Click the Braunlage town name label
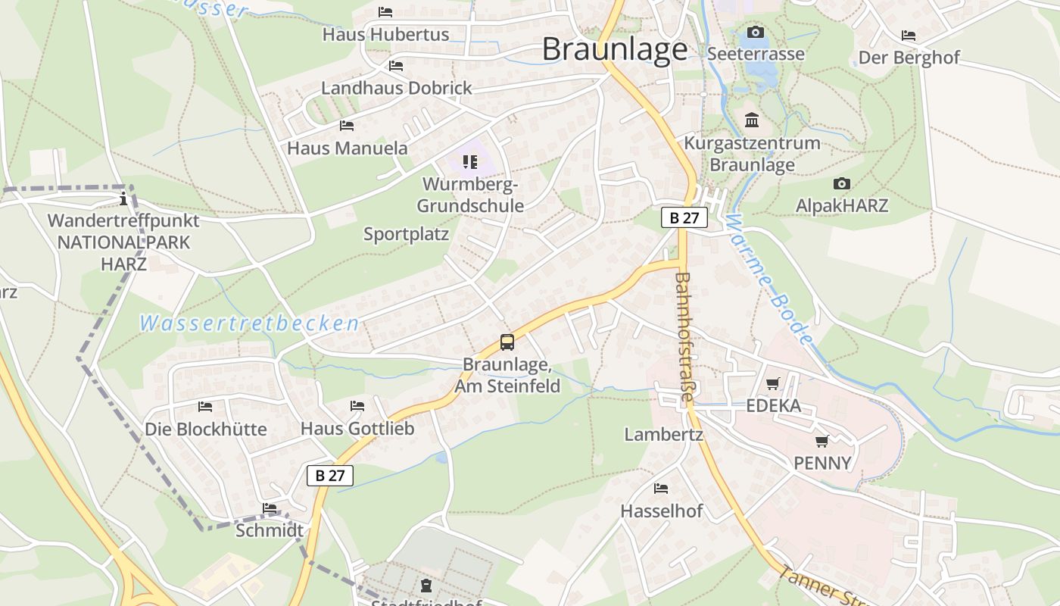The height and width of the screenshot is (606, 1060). [615, 49]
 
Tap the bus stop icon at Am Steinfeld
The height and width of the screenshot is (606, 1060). [507, 342]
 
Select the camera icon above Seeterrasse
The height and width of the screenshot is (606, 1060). [755, 32]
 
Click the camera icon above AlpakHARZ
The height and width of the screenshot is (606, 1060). [841, 184]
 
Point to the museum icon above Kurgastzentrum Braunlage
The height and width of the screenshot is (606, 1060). [752, 120]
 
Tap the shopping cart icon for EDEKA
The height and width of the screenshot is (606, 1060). [772, 384]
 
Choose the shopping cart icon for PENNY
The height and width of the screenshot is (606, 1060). [822, 441]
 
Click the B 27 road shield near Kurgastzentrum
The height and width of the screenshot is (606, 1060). [684, 217]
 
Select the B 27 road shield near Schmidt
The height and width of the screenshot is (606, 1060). [329, 476]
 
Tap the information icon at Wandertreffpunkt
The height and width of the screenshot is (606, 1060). [123, 198]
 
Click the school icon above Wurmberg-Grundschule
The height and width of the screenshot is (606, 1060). [470, 162]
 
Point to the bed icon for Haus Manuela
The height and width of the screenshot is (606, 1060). [347, 126]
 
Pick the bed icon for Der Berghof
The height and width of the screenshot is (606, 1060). [909, 36]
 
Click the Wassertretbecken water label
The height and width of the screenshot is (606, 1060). [249, 324]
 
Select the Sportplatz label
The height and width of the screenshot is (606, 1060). [406, 234]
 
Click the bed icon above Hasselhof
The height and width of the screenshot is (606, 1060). [661, 489]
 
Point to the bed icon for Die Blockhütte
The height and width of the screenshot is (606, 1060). [205, 407]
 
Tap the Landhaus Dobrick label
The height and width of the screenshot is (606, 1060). [396, 88]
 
